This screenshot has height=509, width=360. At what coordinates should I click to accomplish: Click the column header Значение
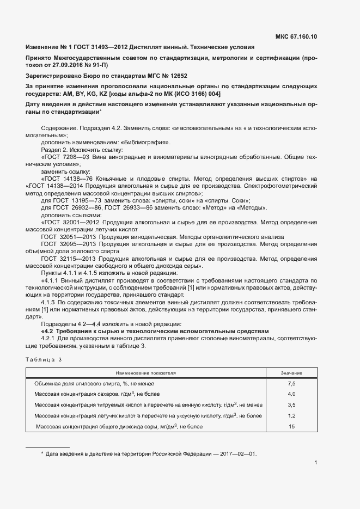point(291,373)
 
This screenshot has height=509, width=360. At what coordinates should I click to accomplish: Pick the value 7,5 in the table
point(291,384)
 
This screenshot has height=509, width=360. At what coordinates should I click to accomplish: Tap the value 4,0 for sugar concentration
point(291,394)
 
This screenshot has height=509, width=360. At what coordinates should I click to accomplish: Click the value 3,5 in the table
point(291,405)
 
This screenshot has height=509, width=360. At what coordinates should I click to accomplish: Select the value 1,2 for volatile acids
point(291,416)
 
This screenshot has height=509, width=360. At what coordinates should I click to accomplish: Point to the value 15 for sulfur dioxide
point(291,427)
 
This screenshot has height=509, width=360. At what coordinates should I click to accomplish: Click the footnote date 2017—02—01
point(234,453)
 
